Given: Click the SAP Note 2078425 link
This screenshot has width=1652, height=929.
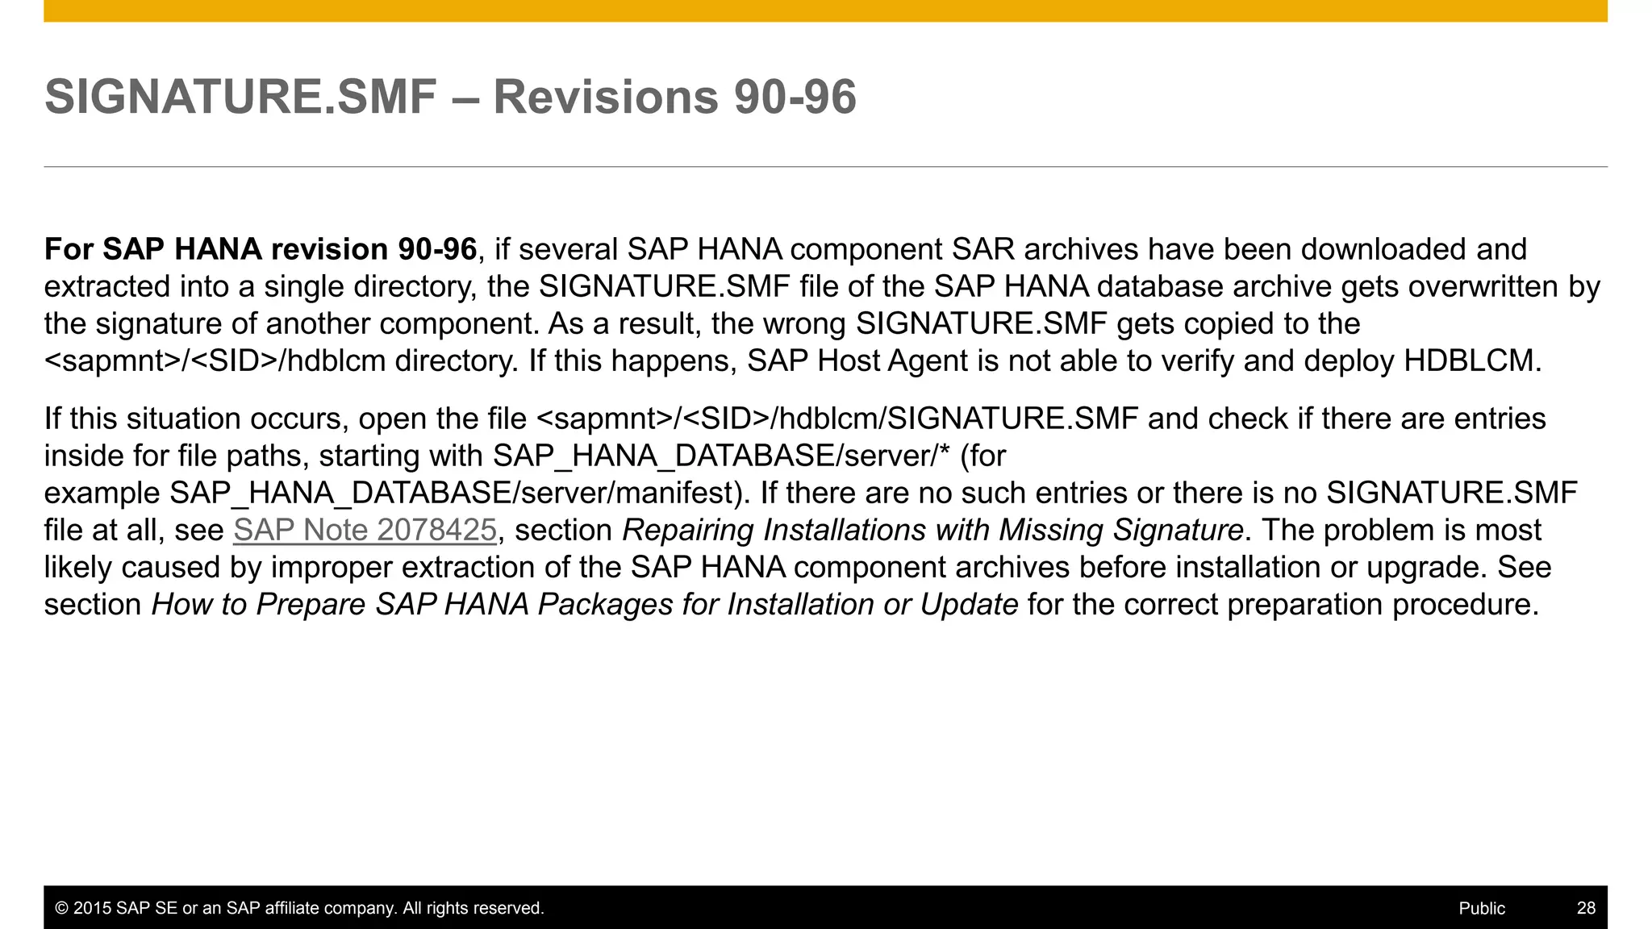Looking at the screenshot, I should [365, 531].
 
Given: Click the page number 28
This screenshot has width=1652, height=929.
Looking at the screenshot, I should [1586, 908].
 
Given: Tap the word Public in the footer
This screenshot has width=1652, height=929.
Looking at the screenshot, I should [1482, 908].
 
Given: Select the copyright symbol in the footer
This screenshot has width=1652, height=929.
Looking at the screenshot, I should [61, 908].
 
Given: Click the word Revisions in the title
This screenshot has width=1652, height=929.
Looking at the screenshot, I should [605, 97].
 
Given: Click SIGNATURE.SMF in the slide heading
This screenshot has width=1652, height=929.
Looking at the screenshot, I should [240, 97].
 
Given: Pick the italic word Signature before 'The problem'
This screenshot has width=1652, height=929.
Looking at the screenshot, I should [1178, 531].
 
